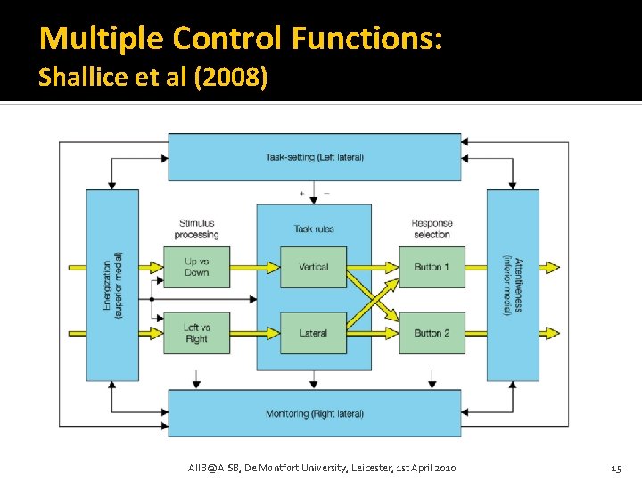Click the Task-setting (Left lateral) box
click(315, 157)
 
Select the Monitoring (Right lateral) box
click(315, 413)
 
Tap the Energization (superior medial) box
click(112, 286)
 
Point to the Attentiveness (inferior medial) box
click(513, 286)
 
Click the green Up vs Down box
click(196, 267)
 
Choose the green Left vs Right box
click(196, 333)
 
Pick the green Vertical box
click(313, 267)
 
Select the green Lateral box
click(313, 333)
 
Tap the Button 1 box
click(432, 267)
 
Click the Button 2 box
click(432, 333)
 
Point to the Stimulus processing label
click(197, 229)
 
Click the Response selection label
click(432, 229)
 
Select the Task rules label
click(314, 229)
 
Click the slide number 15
click(615, 468)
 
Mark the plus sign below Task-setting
click(301, 193)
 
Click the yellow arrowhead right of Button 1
click(553, 267)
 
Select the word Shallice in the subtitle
click(73, 78)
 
